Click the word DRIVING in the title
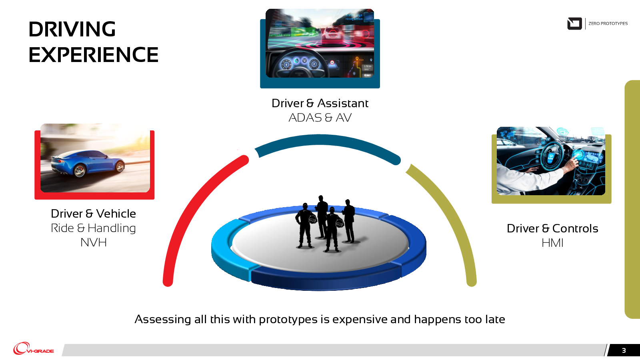[72, 29]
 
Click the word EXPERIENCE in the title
[94, 54]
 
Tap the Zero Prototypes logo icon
[574, 24]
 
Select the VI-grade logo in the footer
[34, 348]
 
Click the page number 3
[624, 350]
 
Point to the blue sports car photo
[95, 158]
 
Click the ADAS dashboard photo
[320, 43]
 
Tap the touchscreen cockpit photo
[551, 161]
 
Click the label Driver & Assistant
[320, 103]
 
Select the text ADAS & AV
[320, 118]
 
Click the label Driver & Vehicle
[94, 214]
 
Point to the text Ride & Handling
[94, 228]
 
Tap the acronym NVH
[94, 242]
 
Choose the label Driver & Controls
[552, 228]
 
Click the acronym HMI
[552, 243]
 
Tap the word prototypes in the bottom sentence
[288, 320]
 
